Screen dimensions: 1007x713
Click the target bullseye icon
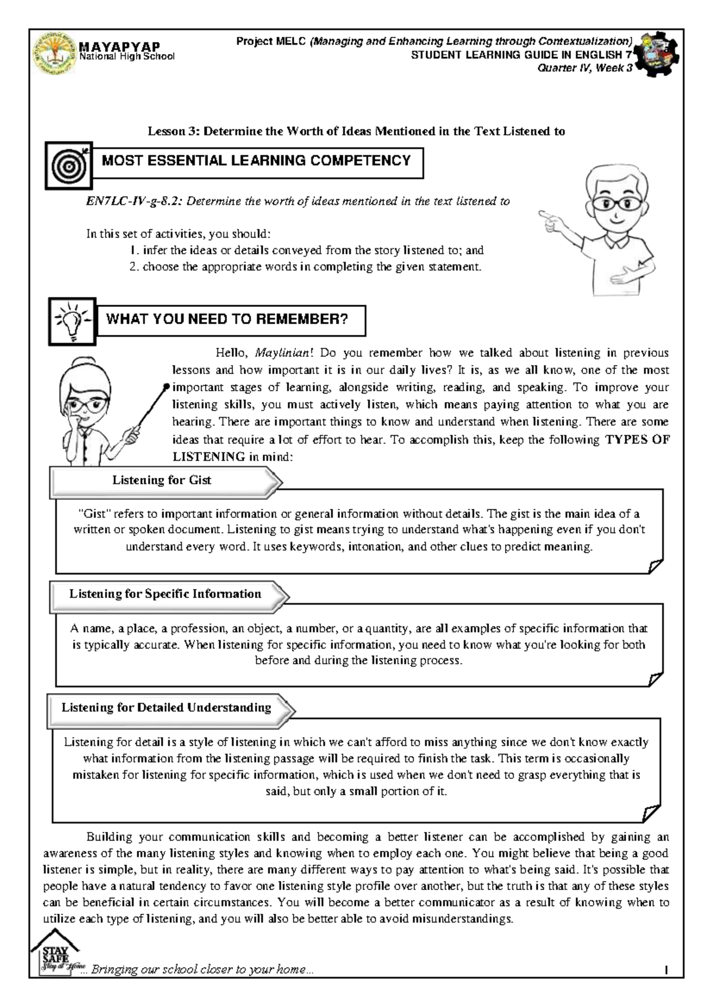pyautogui.click(x=69, y=166)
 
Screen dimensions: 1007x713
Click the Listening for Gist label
pyautogui.click(x=162, y=480)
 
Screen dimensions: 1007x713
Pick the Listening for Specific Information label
pyautogui.click(x=165, y=594)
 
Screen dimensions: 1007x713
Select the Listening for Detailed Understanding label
pyautogui.click(x=166, y=708)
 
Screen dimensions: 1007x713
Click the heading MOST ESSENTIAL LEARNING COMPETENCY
pyautogui.click(x=257, y=161)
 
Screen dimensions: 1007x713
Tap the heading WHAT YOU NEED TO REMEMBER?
pyautogui.click(x=227, y=319)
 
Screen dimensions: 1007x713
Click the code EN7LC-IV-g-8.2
pyautogui.click(x=134, y=201)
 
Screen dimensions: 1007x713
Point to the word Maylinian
pyautogui.click(x=282, y=353)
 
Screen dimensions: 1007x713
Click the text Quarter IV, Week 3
pyautogui.click(x=585, y=68)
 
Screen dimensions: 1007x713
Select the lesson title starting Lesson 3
pyautogui.click(x=356, y=132)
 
